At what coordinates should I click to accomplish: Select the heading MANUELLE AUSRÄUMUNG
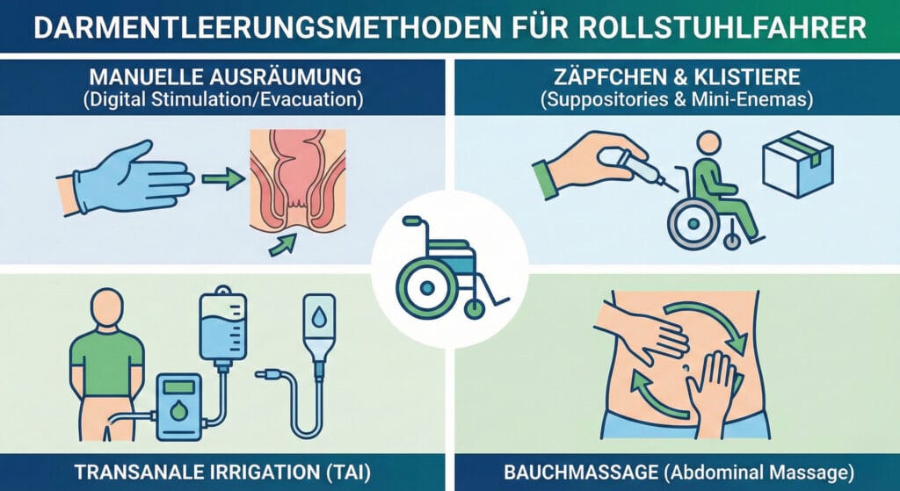tap(226, 76)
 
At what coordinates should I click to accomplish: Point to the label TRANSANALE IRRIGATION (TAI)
tap(222, 473)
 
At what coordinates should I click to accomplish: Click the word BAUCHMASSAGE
tap(581, 473)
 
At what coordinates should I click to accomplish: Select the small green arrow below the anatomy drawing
tap(282, 244)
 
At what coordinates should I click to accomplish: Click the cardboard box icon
tap(798, 163)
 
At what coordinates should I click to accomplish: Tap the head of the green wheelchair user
tap(709, 144)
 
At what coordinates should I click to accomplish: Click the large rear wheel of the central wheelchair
tap(426, 286)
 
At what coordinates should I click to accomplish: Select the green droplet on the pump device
tap(179, 411)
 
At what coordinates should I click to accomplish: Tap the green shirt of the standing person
tap(107, 363)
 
